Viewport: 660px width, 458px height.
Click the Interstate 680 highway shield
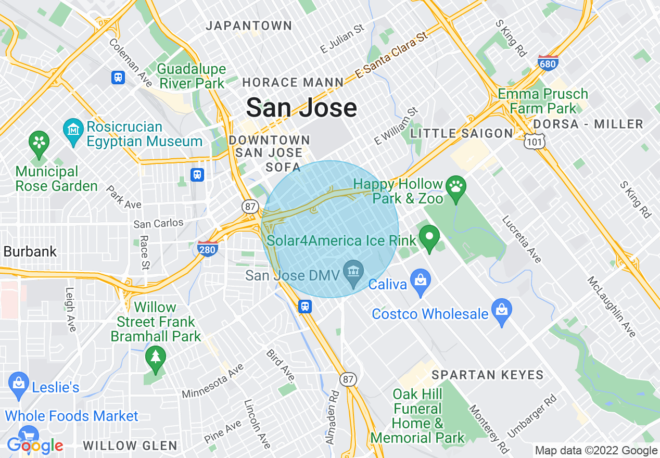tap(548, 63)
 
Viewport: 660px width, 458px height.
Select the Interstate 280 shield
tap(207, 248)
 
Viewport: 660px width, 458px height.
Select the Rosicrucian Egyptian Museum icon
tap(73, 128)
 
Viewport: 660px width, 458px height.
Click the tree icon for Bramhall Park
tap(155, 357)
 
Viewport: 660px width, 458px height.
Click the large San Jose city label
tap(301, 108)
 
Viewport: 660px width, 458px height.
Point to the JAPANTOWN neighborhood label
tap(249, 26)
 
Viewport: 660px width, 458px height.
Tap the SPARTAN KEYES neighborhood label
tap(487, 375)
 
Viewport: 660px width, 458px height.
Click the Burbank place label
tap(30, 251)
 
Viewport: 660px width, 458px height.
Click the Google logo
tap(35, 446)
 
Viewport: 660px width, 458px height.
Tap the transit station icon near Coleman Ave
tap(118, 78)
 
